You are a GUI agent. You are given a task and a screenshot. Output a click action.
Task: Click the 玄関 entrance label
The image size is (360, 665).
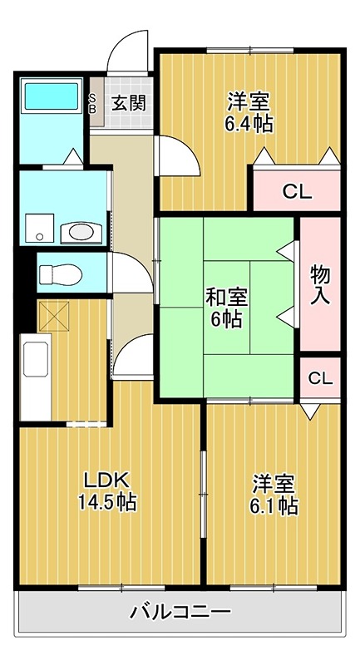tap(129, 103)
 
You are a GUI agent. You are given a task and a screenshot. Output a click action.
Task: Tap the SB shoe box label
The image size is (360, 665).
tap(92, 103)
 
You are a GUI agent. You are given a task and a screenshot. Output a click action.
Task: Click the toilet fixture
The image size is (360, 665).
tap(61, 274)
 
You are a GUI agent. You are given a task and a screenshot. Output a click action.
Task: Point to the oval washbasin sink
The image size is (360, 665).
tap(81, 233)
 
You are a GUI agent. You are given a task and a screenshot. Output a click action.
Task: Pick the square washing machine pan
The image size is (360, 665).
tap(39, 228)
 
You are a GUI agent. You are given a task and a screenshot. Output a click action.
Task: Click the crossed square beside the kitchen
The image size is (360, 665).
tap(53, 316)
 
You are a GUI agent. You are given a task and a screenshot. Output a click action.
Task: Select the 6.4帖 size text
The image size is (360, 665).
tap(249, 124)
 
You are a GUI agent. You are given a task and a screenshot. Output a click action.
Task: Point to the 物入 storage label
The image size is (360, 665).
tap(320, 284)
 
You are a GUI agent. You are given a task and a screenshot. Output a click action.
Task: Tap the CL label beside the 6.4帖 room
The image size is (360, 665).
tap(298, 193)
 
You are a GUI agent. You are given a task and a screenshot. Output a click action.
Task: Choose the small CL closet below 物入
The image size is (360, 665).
tap(320, 378)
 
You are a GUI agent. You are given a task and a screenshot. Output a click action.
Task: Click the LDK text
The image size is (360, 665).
tap(106, 481)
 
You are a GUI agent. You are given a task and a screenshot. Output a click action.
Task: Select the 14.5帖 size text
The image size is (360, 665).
tap(107, 503)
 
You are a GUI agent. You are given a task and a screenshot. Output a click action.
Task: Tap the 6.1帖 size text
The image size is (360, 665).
tap(274, 506)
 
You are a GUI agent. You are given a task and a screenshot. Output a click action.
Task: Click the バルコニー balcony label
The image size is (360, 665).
tap(180, 612)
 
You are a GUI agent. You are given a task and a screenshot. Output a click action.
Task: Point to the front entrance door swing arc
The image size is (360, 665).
tap(120, 44)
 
